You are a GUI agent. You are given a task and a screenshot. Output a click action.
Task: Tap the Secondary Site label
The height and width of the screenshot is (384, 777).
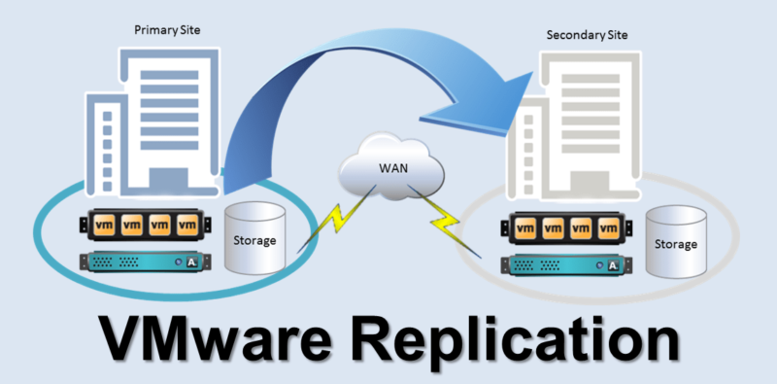coord(588,36)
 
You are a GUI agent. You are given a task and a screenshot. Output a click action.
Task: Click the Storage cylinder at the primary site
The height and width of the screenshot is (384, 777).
coord(255,237)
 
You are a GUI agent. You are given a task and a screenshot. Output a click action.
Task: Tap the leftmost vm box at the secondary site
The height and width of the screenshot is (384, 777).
coord(525,230)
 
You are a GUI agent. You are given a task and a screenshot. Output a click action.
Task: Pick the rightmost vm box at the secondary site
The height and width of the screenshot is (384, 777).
coord(609,230)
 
